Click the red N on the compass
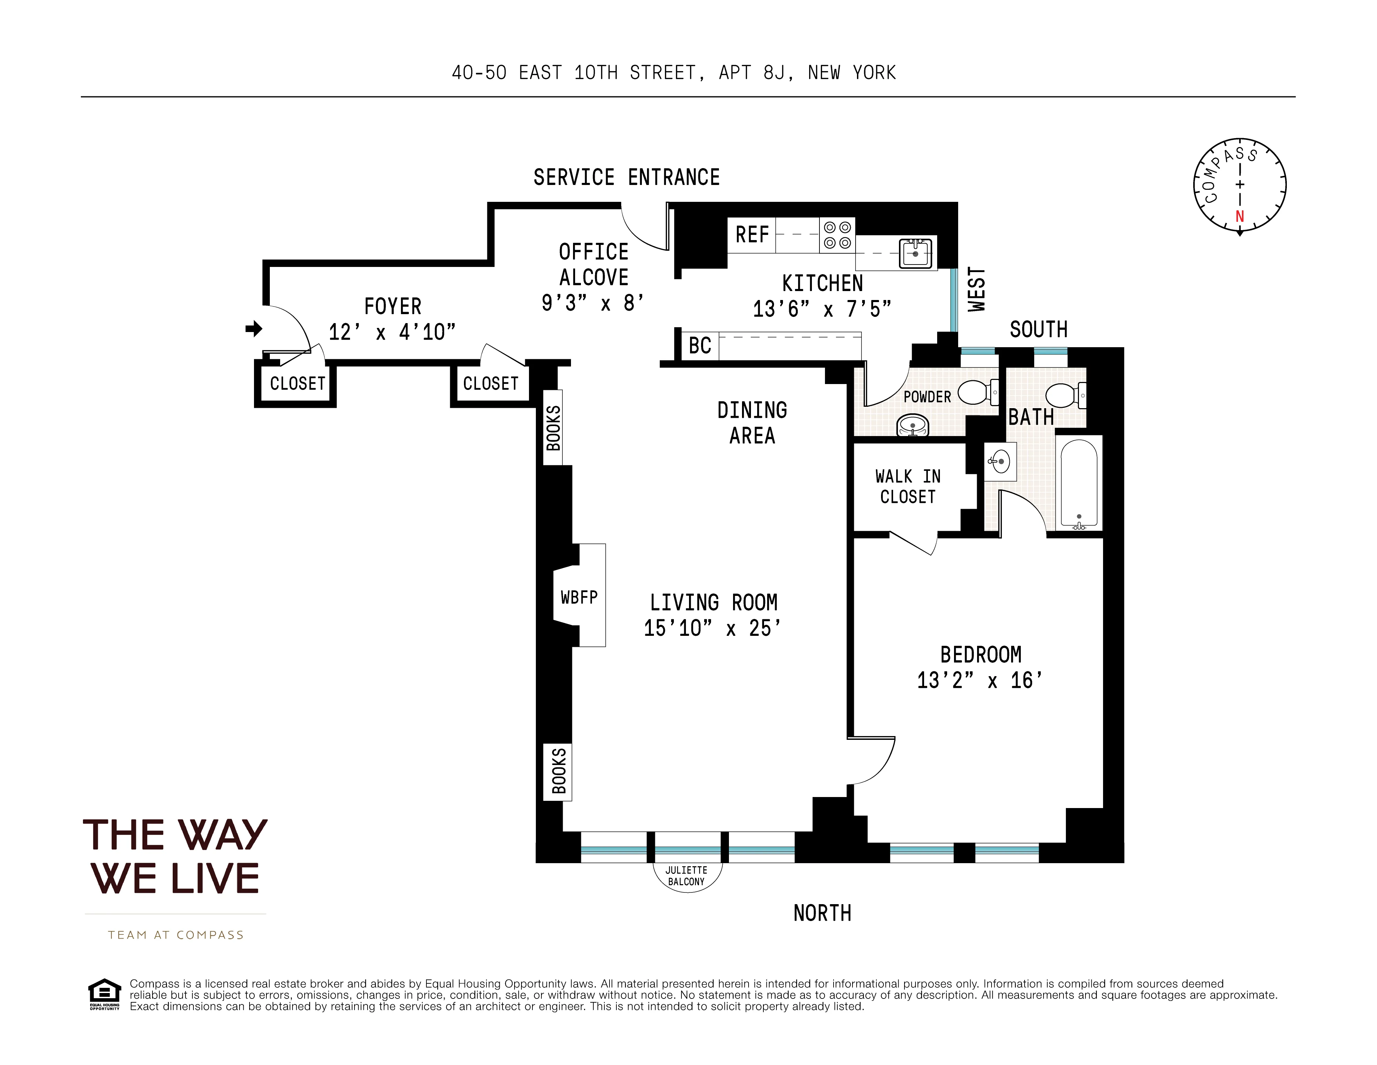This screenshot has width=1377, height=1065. (x=1240, y=216)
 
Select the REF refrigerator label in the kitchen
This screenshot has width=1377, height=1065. (x=752, y=235)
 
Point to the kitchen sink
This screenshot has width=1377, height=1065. (x=915, y=254)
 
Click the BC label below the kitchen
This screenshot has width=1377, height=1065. (x=700, y=346)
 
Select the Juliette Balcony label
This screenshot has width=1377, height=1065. (x=686, y=876)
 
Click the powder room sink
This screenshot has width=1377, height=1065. (x=913, y=426)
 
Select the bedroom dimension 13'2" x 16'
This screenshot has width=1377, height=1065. (x=980, y=681)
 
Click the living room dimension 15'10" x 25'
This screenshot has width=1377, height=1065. (x=712, y=628)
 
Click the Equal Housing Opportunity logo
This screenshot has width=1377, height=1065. (x=104, y=994)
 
